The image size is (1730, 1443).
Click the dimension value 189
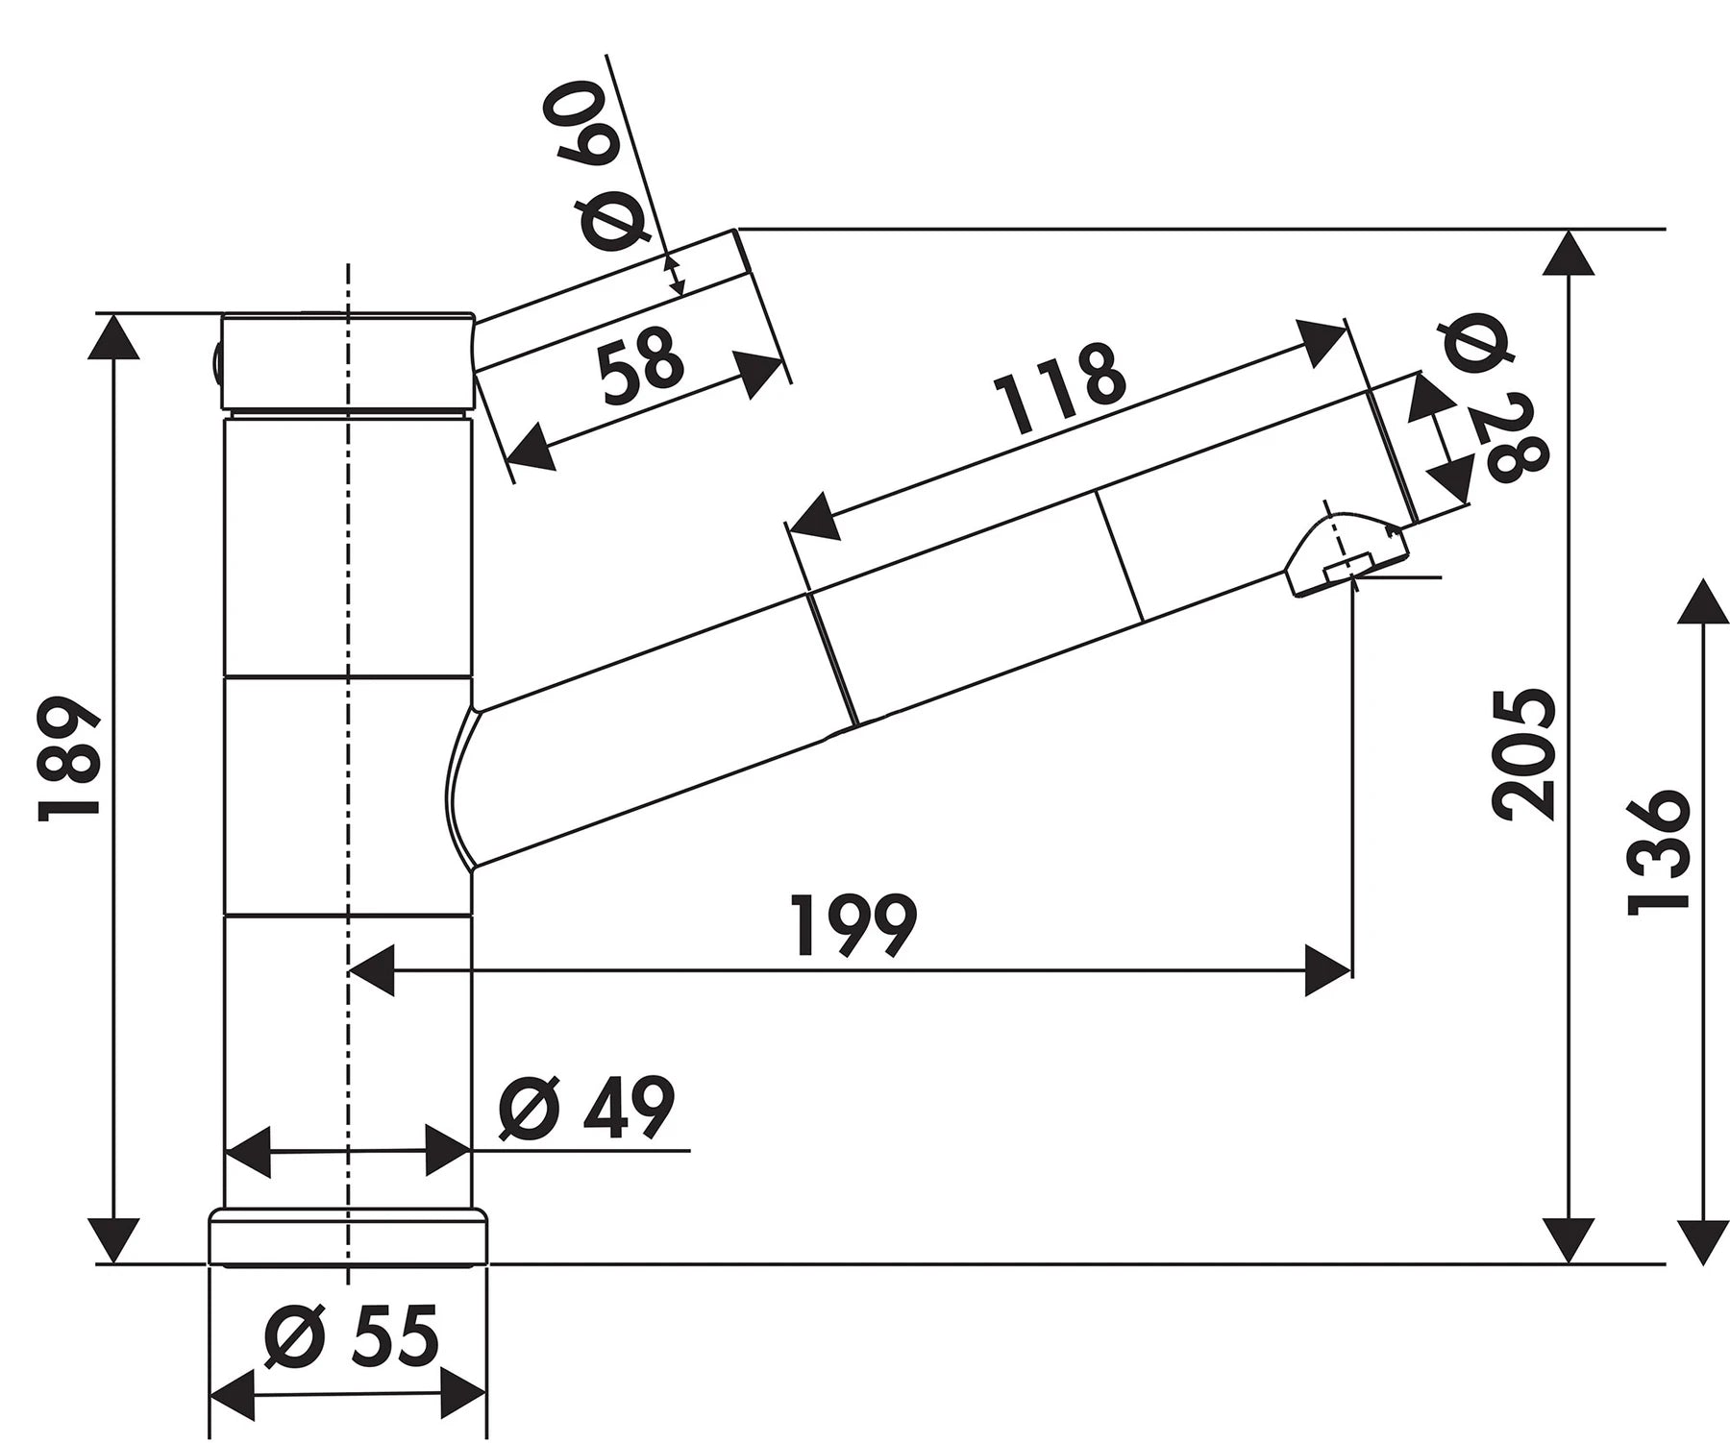(69, 760)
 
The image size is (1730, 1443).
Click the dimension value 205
(1524, 753)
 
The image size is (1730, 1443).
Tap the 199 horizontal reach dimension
(854, 926)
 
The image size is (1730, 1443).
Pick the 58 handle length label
(640, 357)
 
